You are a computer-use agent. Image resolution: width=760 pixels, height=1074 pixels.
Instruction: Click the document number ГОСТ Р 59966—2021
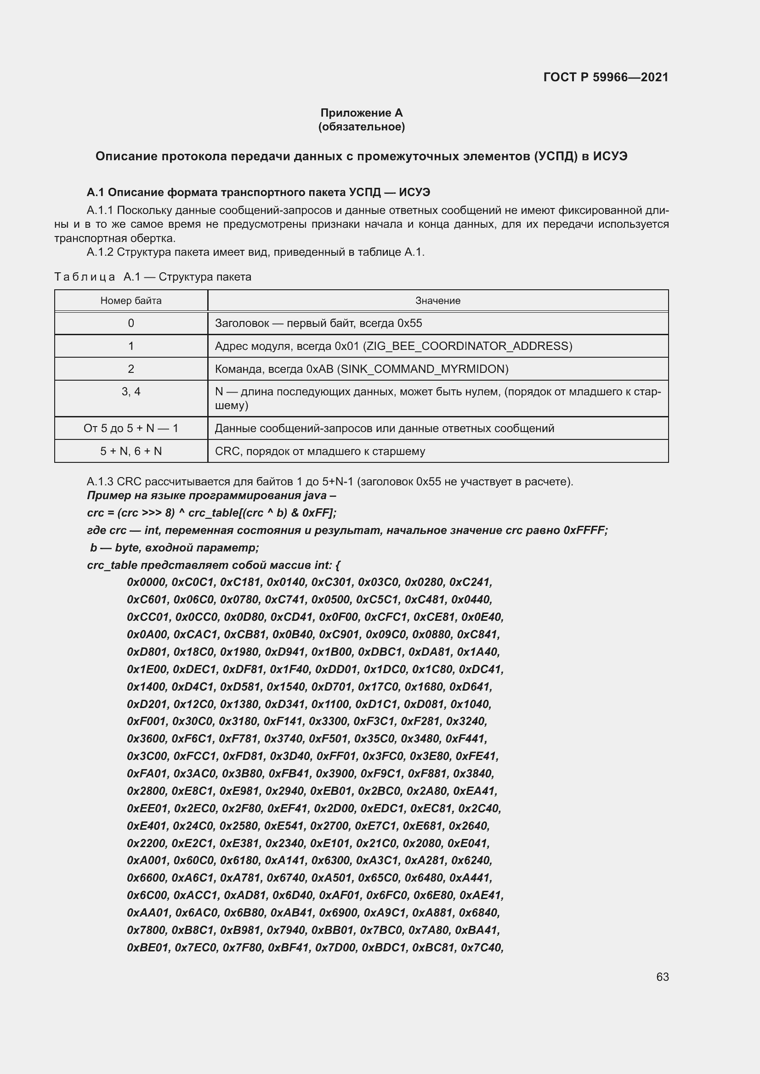[606, 77]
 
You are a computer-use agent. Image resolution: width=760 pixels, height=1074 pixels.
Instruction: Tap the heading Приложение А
[361, 113]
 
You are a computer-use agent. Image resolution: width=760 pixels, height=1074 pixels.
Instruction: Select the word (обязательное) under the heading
[361, 127]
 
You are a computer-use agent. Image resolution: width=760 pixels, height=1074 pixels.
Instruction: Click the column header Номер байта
[131, 301]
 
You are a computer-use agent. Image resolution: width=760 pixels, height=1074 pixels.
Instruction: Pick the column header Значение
[437, 301]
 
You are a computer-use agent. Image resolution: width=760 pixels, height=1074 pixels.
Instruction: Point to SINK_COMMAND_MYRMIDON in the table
[424, 369]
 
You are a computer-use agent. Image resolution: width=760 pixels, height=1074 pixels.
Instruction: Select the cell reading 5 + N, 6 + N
[131, 451]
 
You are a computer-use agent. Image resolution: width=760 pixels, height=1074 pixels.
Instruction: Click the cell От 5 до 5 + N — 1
[131, 428]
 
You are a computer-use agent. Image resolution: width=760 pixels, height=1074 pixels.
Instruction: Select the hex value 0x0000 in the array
[147, 582]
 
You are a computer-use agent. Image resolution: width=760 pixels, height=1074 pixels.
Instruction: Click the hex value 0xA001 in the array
[147, 860]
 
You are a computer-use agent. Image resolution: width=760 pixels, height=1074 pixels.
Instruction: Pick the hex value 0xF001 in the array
[147, 721]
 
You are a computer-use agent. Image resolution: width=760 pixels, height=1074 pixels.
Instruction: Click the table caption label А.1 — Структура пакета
[187, 277]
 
